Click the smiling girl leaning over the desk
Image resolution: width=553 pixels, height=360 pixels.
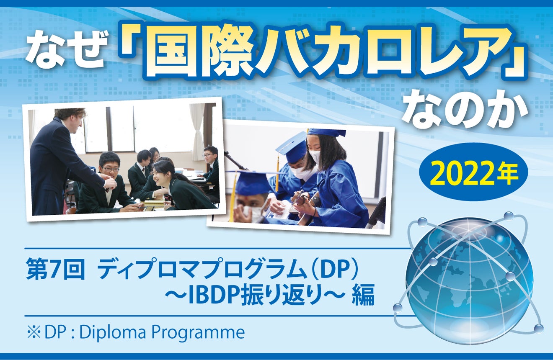click(x=176, y=184)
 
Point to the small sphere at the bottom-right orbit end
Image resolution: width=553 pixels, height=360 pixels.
click(x=538, y=328)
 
